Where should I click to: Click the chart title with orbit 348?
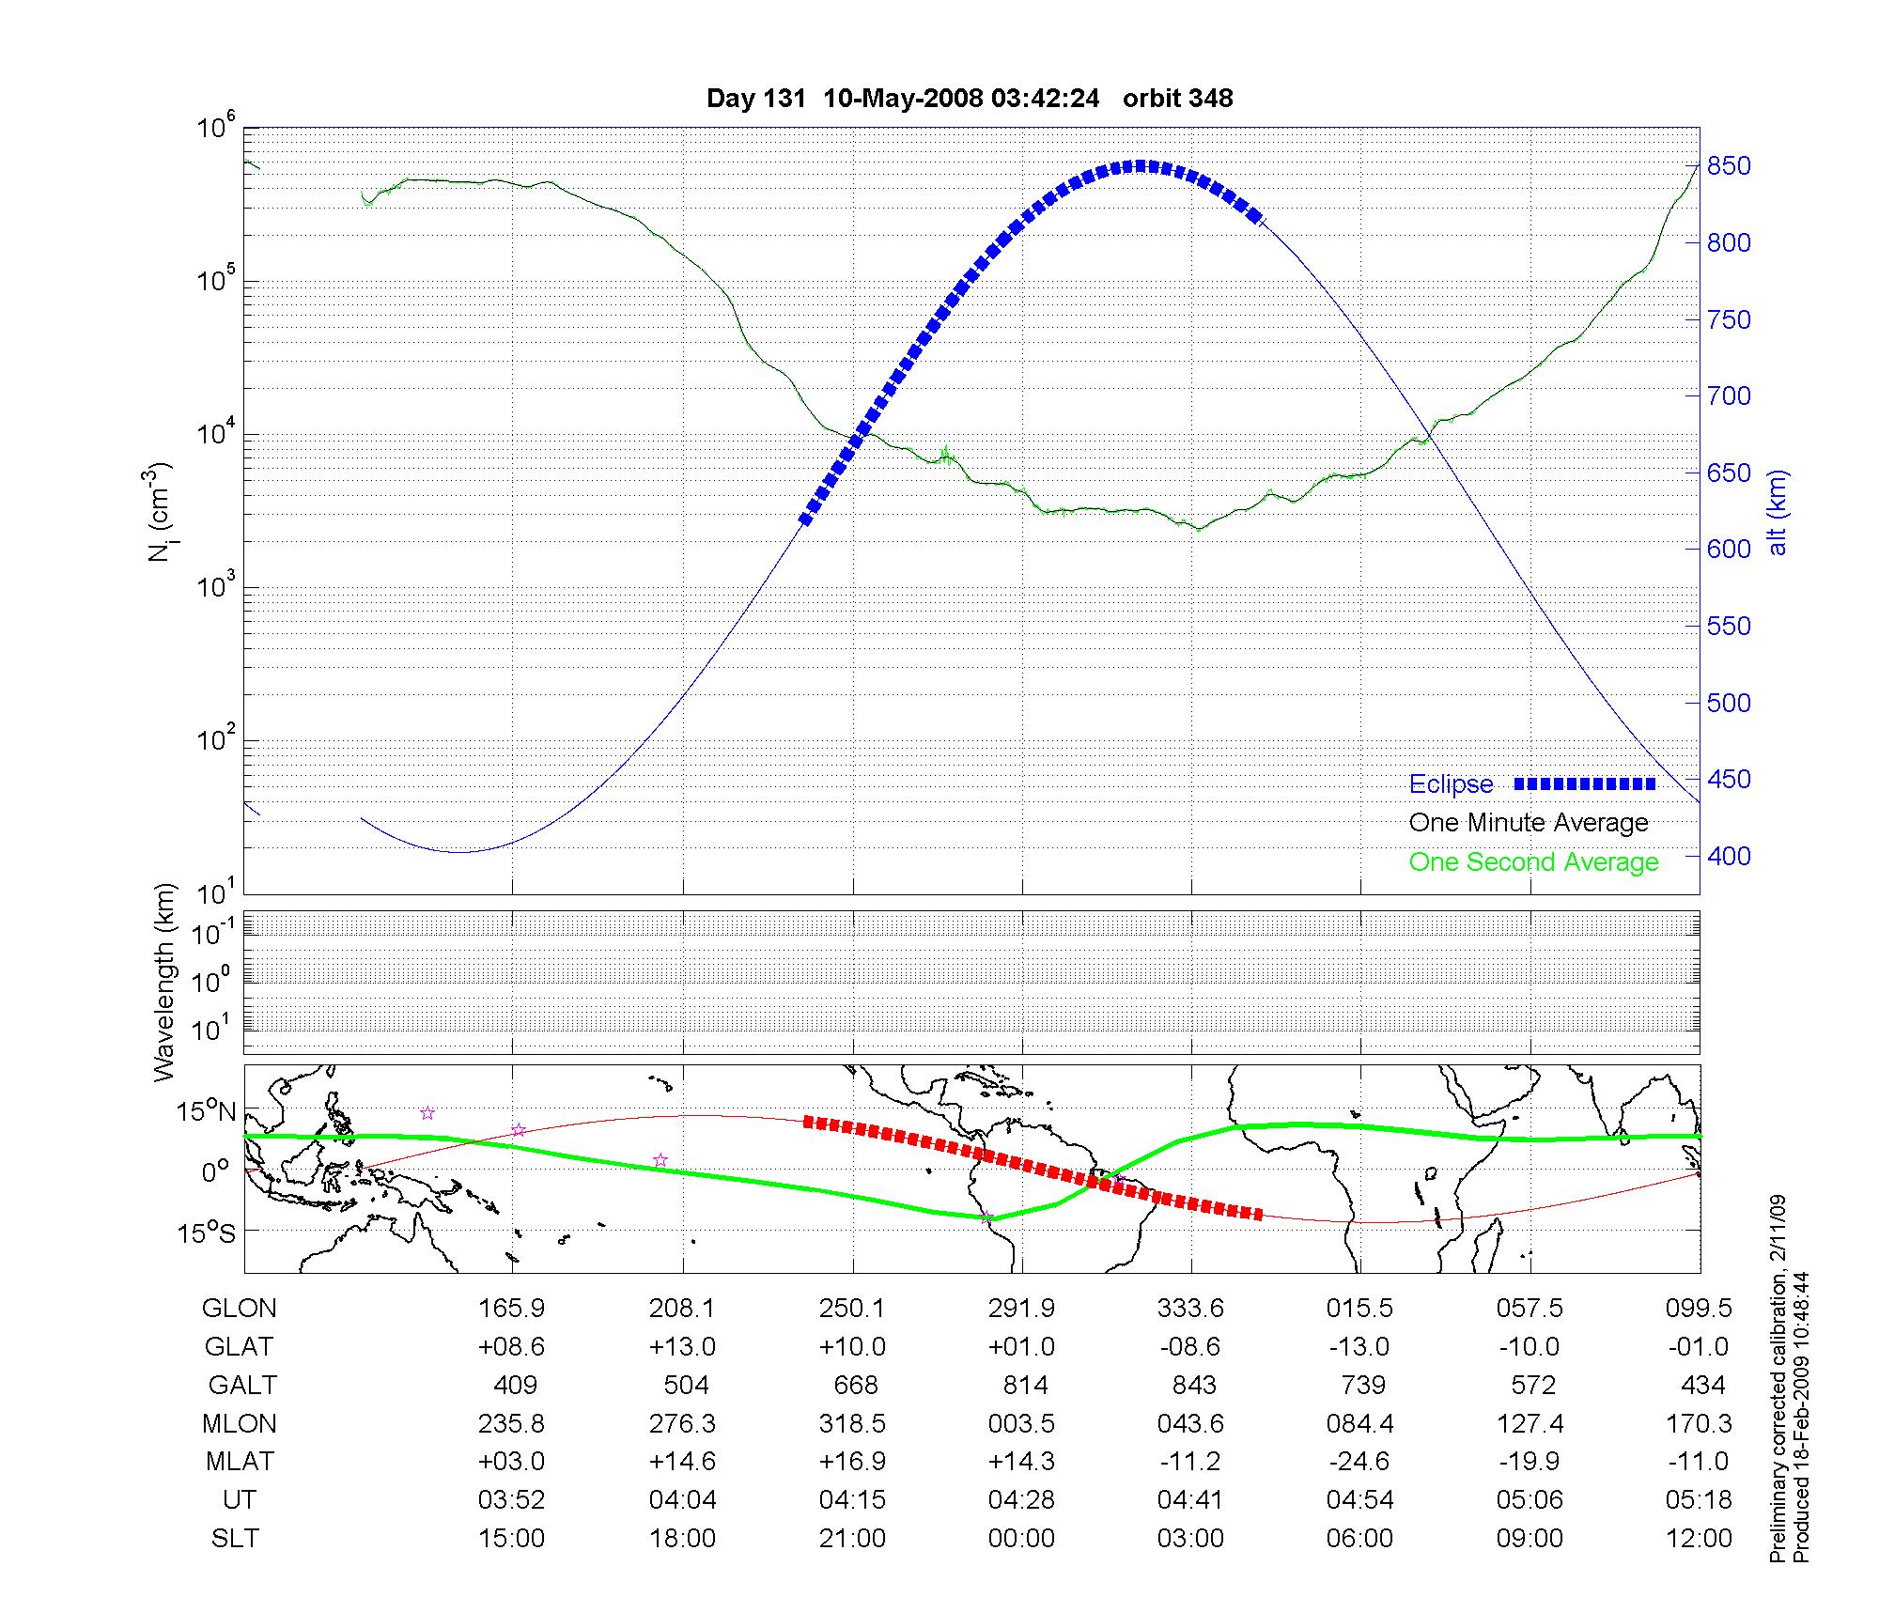[x=970, y=99]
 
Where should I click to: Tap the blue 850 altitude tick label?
[x=1729, y=166]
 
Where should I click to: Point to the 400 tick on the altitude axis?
[x=1729, y=856]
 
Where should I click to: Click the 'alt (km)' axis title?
[x=1777, y=512]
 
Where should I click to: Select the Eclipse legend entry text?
[x=1451, y=784]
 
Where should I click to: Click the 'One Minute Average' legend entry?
[x=1529, y=823]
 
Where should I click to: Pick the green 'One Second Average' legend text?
[x=1533, y=862]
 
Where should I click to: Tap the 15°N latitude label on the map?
[x=206, y=1112]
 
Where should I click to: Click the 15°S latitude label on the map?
[x=206, y=1233]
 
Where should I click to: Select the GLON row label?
[x=240, y=1308]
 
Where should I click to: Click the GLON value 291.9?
[x=1021, y=1308]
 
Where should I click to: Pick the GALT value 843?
[x=1194, y=1385]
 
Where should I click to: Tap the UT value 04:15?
[x=852, y=1499]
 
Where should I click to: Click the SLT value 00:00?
[x=1021, y=1538]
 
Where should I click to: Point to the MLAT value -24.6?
[x=1359, y=1461]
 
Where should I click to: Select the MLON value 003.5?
[x=1021, y=1423]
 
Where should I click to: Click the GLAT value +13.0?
[x=682, y=1346]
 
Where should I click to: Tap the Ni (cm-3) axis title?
[x=161, y=512]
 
